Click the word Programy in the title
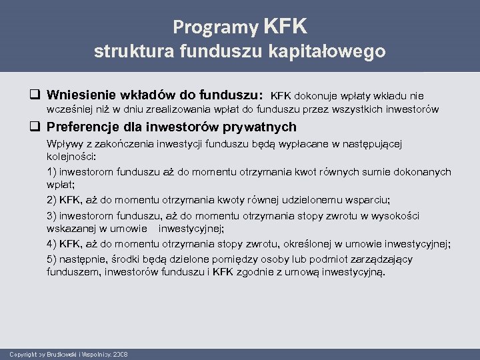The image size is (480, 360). [215, 27]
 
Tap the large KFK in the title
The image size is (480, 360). [286, 26]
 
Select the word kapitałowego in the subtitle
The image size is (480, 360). [331, 51]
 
